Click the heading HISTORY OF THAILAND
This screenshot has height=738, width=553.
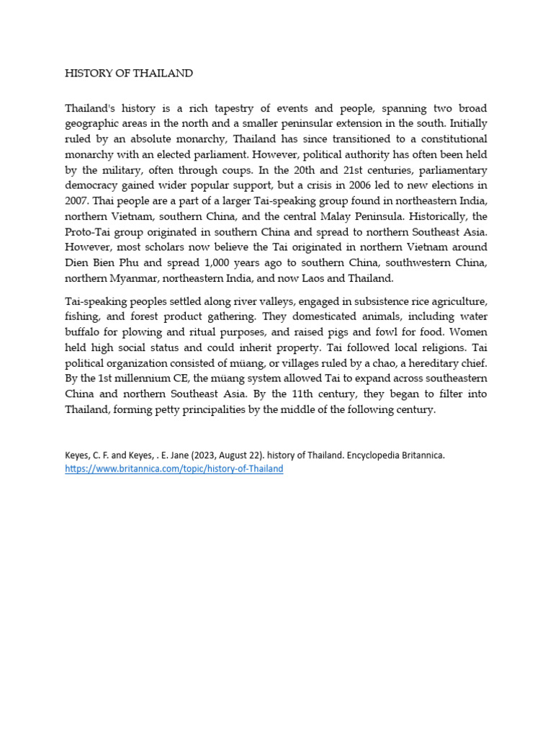point(129,74)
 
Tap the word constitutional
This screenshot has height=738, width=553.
point(449,138)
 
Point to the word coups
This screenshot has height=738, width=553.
point(268,170)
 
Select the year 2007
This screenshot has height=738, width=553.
point(78,200)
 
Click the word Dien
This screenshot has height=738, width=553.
point(78,262)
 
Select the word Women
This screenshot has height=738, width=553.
point(467,332)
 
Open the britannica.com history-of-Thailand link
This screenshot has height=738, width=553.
point(174,468)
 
